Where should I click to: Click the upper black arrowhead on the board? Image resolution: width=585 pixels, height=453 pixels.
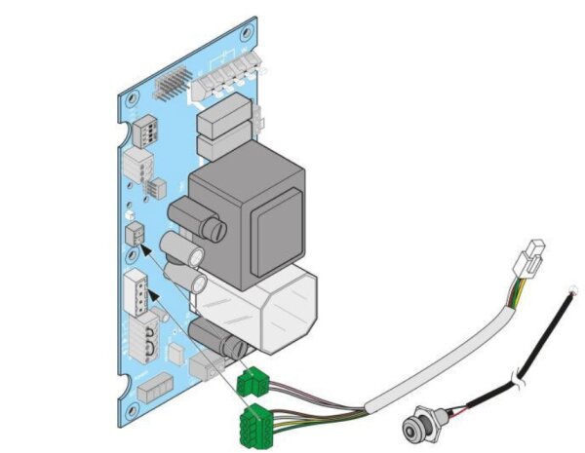[147, 249]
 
